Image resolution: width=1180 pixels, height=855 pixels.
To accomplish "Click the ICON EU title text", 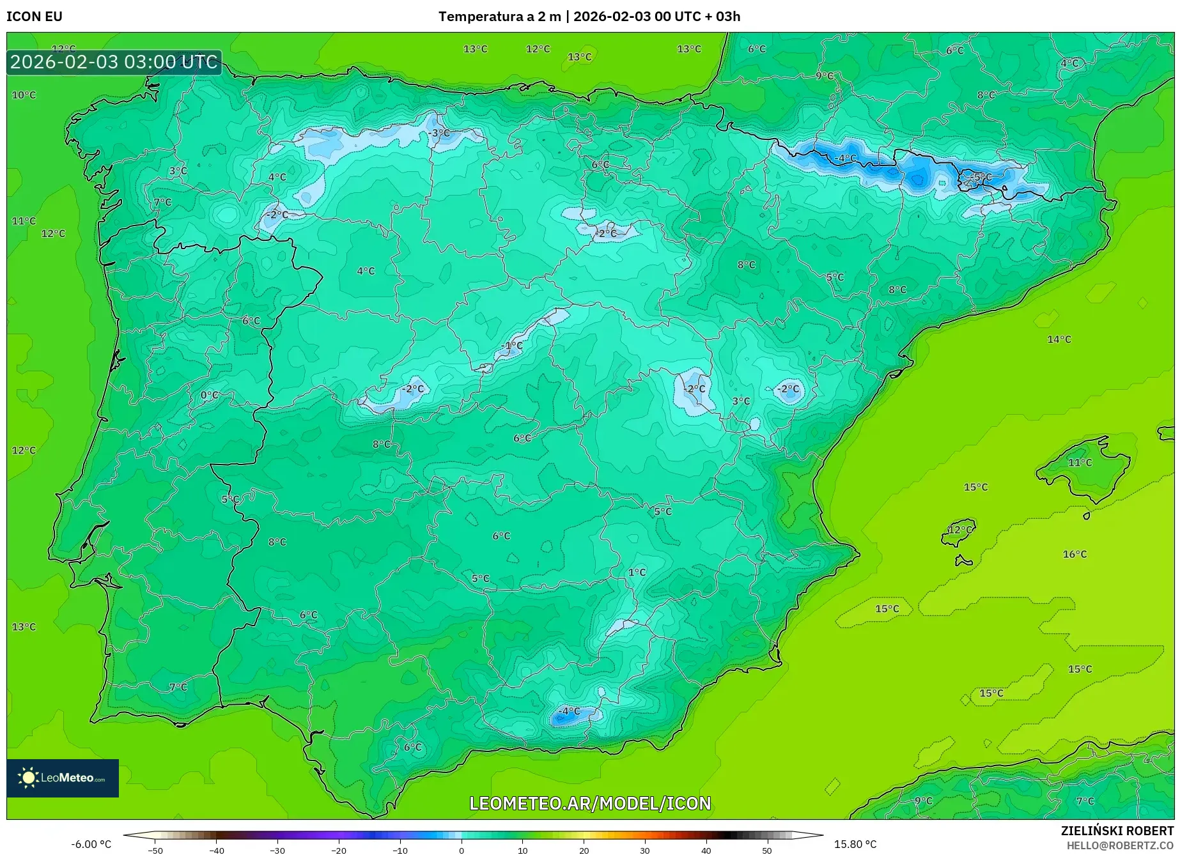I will pos(35,17).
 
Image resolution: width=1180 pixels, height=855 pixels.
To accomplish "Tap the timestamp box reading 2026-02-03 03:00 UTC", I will pos(114,62).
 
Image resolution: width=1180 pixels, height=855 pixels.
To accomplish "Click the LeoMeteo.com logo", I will pos(63,778).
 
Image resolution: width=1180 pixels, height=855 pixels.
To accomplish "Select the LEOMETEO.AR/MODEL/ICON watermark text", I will pos(590,803).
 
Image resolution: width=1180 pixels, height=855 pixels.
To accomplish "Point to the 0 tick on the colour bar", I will pos(462,850).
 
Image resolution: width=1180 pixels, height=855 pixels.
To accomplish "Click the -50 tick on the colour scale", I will pos(155,850).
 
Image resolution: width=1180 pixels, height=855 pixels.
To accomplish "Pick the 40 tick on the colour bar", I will pos(706,850).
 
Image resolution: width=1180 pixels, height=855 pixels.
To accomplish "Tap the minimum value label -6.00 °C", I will pos(91,844).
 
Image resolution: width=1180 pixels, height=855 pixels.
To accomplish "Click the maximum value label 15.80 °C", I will pos(855,844).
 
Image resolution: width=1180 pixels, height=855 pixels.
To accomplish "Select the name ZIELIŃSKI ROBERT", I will pos(1117,831).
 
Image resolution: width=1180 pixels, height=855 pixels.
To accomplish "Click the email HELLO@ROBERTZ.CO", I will pos(1120,845).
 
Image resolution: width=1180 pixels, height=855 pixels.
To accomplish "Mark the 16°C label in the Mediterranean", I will pos(1075,554).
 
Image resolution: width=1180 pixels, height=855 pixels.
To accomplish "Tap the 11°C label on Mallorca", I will pos(1080,462).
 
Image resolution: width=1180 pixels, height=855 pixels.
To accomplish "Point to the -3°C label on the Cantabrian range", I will pos(440,133).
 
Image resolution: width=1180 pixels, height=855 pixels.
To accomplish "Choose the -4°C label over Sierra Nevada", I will pos(569,711).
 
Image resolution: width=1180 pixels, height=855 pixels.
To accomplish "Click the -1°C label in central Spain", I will pos(513,346).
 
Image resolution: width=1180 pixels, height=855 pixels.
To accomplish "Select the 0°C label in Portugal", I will pos(209,395).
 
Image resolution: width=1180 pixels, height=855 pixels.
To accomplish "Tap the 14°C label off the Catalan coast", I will pos(1059,339).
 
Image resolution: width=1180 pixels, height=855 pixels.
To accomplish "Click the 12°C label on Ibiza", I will pos(959,530).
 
